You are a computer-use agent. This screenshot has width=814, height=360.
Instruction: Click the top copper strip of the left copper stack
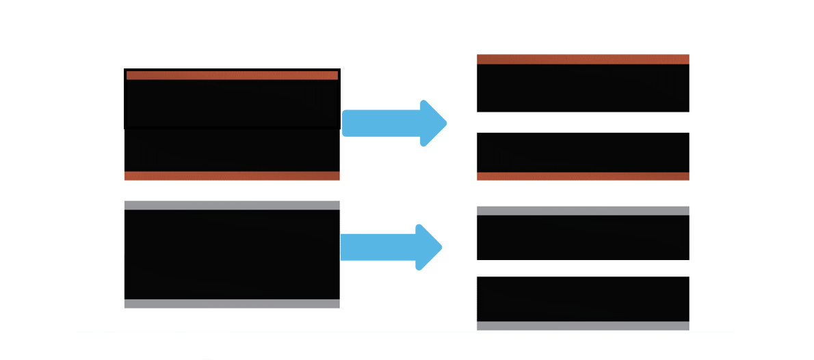coord(232,75)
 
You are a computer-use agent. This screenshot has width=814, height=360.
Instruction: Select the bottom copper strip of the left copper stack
coord(232,176)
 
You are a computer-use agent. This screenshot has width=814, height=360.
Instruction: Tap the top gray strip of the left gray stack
coord(232,205)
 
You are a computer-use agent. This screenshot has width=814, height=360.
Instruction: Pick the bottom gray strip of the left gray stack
coord(232,304)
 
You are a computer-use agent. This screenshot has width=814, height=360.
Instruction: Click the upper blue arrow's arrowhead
coord(432,123)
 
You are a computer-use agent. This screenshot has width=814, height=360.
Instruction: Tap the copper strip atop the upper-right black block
coord(583,60)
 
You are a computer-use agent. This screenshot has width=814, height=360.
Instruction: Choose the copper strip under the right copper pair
coord(583,176)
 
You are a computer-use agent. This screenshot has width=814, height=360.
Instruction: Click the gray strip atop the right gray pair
coord(583,211)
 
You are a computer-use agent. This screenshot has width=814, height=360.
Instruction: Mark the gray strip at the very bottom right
coord(583,326)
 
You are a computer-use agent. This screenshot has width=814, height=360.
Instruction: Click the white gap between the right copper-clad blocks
coord(583,122)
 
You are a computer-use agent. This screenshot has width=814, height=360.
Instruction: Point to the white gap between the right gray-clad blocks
coord(583,268)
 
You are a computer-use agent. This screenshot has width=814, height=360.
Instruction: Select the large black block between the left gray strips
coord(232,255)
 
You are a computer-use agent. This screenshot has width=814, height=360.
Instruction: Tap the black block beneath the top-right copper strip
coord(583,88)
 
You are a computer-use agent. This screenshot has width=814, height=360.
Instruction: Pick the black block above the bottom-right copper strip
coord(583,152)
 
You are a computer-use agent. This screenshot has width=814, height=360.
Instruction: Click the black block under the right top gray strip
coord(583,237)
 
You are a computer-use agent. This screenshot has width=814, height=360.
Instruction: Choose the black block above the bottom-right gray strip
coord(583,298)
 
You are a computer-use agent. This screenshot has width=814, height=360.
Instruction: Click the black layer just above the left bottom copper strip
coord(232,151)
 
